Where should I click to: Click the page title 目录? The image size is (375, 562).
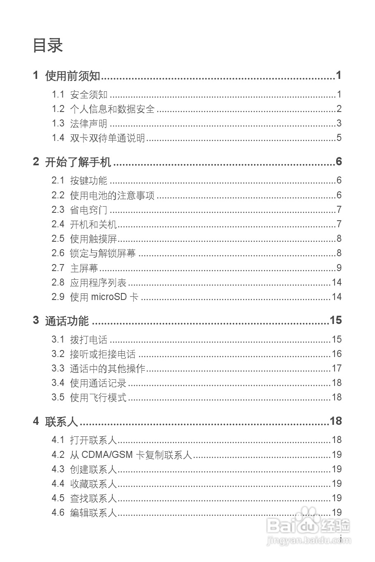(47, 45)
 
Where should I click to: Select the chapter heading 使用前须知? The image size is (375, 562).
(73, 76)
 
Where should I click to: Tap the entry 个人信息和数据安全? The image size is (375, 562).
(112, 109)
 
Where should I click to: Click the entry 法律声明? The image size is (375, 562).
(88, 124)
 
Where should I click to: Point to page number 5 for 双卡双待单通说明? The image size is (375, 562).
(339, 138)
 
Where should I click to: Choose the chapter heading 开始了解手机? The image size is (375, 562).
(78, 162)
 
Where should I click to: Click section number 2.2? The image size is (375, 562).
(58, 195)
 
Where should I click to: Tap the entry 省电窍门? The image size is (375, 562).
(88, 210)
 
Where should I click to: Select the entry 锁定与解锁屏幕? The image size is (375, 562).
(103, 253)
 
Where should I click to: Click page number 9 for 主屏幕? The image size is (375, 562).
(339, 268)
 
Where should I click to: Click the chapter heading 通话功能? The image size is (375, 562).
(66, 321)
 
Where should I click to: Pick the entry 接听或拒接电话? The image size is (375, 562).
(103, 354)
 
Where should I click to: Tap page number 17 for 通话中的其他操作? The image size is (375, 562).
(337, 368)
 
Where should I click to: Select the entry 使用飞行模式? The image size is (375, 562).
(98, 398)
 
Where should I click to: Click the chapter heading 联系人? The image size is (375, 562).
(62, 421)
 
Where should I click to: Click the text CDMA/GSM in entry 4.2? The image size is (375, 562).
(107, 455)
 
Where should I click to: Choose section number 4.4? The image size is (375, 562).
(58, 483)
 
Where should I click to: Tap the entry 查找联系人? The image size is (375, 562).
(93, 498)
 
